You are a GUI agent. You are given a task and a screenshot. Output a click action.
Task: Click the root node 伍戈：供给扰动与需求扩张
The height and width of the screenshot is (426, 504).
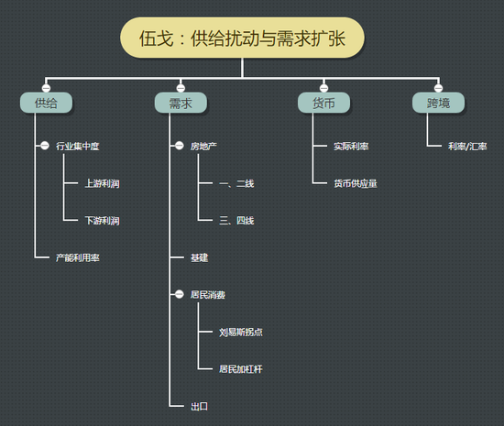click(242, 38)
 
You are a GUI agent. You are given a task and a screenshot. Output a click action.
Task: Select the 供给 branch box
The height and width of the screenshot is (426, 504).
click(46, 103)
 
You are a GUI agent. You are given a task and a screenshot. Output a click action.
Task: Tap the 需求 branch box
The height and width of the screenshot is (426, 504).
click(181, 103)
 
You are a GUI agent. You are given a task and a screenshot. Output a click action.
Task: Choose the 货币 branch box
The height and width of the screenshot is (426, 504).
click(323, 103)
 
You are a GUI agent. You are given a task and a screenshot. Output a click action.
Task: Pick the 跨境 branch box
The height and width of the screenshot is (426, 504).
click(438, 103)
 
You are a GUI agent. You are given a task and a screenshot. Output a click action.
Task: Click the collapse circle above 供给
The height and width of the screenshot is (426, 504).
click(46, 88)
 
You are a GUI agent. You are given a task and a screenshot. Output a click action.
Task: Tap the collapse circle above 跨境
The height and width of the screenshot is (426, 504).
click(438, 88)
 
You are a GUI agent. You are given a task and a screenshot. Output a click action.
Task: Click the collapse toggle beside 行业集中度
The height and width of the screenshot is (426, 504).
click(45, 146)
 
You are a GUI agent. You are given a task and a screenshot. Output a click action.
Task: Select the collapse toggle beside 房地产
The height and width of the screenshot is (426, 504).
click(180, 146)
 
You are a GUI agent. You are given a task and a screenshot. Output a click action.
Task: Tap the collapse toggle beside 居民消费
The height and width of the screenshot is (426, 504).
click(180, 294)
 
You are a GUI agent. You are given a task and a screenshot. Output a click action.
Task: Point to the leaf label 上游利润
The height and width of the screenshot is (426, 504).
click(102, 183)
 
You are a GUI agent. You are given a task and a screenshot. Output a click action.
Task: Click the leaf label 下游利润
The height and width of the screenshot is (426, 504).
click(102, 221)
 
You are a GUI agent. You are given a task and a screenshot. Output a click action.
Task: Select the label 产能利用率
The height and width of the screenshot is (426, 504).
click(78, 257)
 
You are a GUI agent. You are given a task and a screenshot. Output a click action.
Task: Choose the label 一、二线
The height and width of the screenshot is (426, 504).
click(236, 183)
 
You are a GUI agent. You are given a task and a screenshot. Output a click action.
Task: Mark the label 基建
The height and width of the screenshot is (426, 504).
click(199, 257)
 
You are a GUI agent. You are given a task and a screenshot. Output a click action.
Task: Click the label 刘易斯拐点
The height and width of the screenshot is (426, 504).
click(241, 332)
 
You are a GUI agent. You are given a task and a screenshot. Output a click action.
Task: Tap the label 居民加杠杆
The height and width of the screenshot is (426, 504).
click(241, 369)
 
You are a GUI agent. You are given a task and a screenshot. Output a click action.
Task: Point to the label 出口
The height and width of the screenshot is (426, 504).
click(199, 407)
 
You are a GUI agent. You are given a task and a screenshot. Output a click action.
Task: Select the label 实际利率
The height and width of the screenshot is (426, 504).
click(351, 147)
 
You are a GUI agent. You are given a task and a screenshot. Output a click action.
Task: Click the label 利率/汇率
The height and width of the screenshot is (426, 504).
click(467, 147)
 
